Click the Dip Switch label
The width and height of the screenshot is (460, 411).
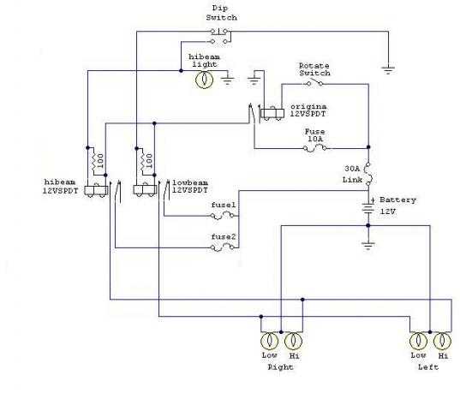pyautogui.click(x=221, y=13)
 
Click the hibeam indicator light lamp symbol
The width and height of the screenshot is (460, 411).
pyautogui.click(x=204, y=79)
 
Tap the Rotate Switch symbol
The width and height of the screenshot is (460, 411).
pyautogui.click(x=314, y=83)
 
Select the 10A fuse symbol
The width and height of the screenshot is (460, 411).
pyautogui.click(x=314, y=149)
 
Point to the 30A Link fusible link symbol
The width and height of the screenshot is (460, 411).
pyautogui.click(x=368, y=174)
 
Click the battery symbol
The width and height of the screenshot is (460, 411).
pyautogui.click(x=368, y=207)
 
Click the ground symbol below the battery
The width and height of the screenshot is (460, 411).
pyautogui.click(x=368, y=246)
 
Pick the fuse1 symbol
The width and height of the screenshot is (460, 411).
pyautogui.click(x=222, y=217)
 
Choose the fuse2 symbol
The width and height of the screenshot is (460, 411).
pyautogui.click(x=222, y=248)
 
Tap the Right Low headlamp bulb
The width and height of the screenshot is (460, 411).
pyautogui.click(x=269, y=341)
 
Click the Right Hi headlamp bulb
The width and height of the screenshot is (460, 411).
pyautogui.click(x=293, y=341)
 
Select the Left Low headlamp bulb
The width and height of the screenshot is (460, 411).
pyautogui.click(x=418, y=341)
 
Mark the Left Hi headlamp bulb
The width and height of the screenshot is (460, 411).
pyautogui.click(x=442, y=341)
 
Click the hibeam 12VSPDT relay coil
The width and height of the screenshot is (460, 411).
pyautogui.click(x=96, y=190)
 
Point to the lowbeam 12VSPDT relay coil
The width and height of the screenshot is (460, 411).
pyautogui.click(x=145, y=190)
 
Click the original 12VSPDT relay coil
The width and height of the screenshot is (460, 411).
pyautogui.click(x=272, y=113)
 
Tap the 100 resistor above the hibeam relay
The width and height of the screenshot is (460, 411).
pyautogui.click(x=94, y=161)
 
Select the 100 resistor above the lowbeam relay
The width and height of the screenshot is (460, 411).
pyautogui.click(x=143, y=161)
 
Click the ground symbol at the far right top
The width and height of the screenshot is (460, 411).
pyautogui.click(x=388, y=70)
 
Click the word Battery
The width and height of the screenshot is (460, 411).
pyautogui.click(x=397, y=200)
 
